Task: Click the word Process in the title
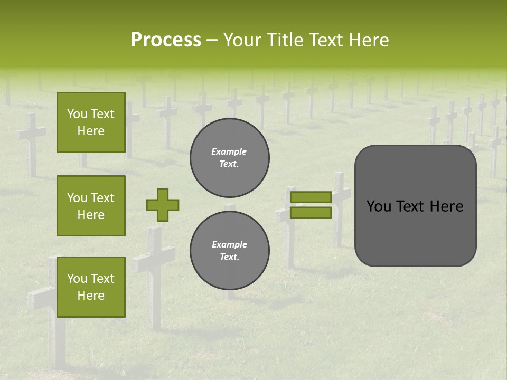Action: pos(166,40)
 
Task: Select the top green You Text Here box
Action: pos(91,122)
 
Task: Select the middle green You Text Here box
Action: pos(91,206)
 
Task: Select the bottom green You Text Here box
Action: pos(91,287)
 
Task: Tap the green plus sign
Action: pos(163,205)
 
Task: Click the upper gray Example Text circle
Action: pos(229,158)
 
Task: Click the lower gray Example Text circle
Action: pos(229,251)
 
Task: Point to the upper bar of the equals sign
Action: pos(311,197)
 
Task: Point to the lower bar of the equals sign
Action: pos(311,213)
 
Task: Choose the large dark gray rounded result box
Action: pos(415,206)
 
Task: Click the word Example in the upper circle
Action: pos(229,152)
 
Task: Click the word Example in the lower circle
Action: pos(229,245)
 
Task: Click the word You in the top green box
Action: pos(77,115)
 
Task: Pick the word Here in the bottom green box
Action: pos(91,296)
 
